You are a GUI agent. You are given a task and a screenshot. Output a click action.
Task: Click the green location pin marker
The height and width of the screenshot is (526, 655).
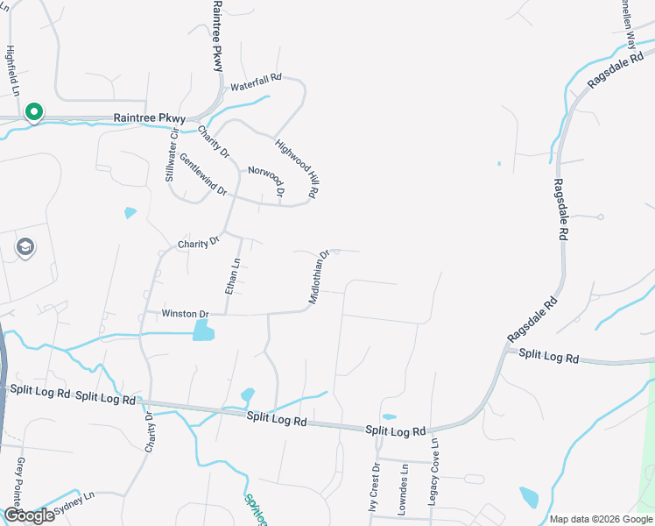[33, 113]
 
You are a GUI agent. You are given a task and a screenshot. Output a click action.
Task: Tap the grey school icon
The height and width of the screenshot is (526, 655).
[25, 248]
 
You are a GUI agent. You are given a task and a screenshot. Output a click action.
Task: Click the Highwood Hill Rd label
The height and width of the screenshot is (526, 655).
[296, 167]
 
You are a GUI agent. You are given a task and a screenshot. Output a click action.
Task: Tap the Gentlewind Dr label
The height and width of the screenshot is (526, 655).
[203, 175]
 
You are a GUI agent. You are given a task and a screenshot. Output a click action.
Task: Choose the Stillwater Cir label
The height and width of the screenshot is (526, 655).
[172, 155]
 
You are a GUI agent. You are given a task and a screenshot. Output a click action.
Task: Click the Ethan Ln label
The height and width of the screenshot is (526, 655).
[233, 276]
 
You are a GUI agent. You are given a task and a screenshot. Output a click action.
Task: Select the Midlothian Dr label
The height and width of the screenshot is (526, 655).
[318, 278]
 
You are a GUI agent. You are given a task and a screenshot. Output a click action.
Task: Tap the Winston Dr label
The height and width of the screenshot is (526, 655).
[185, 314]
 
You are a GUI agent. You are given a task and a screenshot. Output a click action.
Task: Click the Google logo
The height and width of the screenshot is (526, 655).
[29, 515]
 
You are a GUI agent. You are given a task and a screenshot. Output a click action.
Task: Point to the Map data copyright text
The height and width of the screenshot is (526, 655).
[601, 519]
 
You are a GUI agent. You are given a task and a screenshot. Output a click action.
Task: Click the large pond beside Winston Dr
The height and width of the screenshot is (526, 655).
[202, 330]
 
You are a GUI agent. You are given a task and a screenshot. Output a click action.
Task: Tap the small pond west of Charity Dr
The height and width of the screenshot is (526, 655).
[130, 212]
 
